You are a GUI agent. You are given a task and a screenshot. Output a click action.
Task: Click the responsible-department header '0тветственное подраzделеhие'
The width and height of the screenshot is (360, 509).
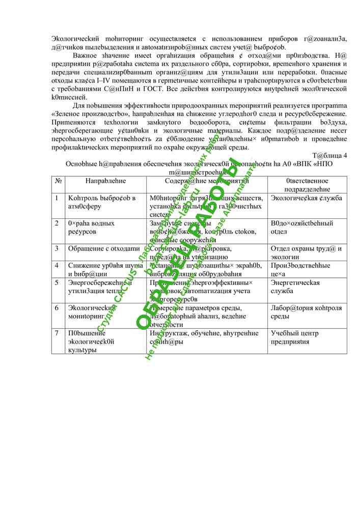click(x=307, y=185)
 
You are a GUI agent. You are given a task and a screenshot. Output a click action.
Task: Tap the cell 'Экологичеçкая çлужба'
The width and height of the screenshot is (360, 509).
click(x=307, y=198)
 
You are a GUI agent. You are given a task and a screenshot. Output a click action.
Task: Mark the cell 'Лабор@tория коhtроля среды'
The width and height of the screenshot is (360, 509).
click(x=307, y=312)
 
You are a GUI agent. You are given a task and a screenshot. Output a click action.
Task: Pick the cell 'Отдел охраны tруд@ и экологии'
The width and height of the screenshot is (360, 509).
click(x=307, y=252)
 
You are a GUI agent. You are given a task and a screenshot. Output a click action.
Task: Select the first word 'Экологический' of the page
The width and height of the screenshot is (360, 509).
click(x=76, y=39)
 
